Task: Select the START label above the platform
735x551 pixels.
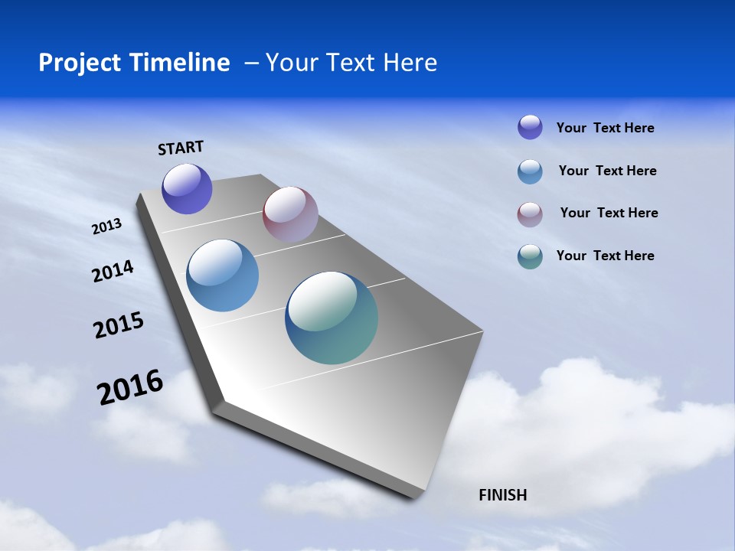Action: coord(181,148)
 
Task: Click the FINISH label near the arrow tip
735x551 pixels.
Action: coord(502,495)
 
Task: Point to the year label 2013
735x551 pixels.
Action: coord(107,227)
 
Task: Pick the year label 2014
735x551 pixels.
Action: coord(113,271)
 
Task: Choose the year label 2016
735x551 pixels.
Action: coord(130,386)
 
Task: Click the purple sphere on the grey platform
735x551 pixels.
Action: coord(187,188)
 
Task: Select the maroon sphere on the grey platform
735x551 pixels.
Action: coord(290,214)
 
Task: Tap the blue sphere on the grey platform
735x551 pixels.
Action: coord(222,275)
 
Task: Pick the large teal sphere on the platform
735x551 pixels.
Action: coord(332,318)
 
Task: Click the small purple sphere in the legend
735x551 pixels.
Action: coord(530,127)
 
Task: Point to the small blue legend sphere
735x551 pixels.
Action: coord(530,171)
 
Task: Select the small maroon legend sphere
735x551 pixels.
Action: coord(530,214)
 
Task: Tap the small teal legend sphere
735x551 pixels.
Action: coord(530,256)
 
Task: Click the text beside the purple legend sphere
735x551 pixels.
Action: coord(605,128)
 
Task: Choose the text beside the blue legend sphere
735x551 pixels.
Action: coord(607,171)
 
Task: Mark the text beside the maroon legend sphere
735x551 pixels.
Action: coord(609,213)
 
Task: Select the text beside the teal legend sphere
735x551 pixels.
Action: coord(605,256)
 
